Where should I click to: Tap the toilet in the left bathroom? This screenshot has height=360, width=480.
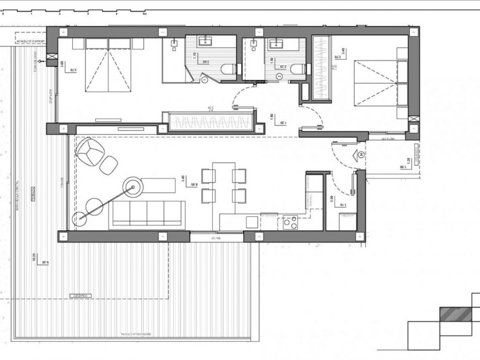tap(227, 70)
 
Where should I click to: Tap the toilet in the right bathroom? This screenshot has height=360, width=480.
tap(297, 70)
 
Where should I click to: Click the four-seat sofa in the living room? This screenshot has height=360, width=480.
tap(147, 214)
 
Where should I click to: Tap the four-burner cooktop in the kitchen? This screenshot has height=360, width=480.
tap(290, 222)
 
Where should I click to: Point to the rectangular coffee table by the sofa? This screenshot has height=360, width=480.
tap(158, 186)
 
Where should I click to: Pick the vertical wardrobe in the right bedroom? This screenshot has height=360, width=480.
tap(321, 68)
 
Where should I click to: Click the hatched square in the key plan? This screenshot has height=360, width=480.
tap(456, 314)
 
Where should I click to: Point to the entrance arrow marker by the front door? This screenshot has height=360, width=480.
tap(361, 155)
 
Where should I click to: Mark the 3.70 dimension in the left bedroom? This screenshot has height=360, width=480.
tap(73, 70)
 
